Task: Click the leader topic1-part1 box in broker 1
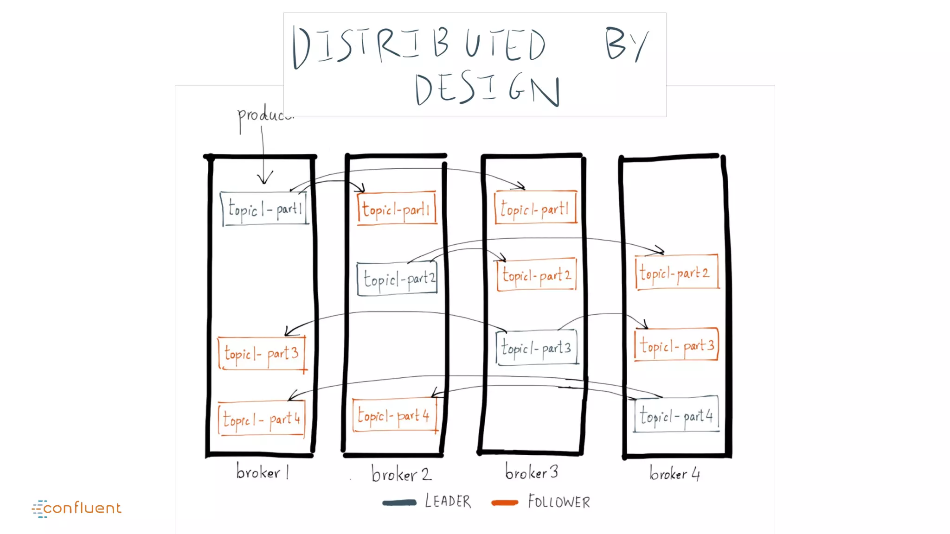[264, 209]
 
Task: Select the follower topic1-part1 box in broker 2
[397, 209]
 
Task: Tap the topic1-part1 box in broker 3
[536, 208]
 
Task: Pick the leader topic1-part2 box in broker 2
[398, 279]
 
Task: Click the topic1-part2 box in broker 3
[537, 275]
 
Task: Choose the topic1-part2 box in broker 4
[677, 272]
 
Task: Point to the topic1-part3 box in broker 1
[262, 354]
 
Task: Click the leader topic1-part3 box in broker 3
[537, 347]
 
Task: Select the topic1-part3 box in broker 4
[676, 345]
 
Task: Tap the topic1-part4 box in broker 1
[262, 419]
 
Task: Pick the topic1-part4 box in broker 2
[395, 415]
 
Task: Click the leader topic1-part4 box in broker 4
[676, 414]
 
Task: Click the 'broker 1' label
[263, 472]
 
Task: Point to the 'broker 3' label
[532, 472]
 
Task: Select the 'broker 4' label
[674, 473]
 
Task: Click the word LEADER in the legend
[448, 502]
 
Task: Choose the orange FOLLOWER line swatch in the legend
[505, 502]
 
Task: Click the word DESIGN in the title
[487, 89]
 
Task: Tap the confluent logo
[77, 509]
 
